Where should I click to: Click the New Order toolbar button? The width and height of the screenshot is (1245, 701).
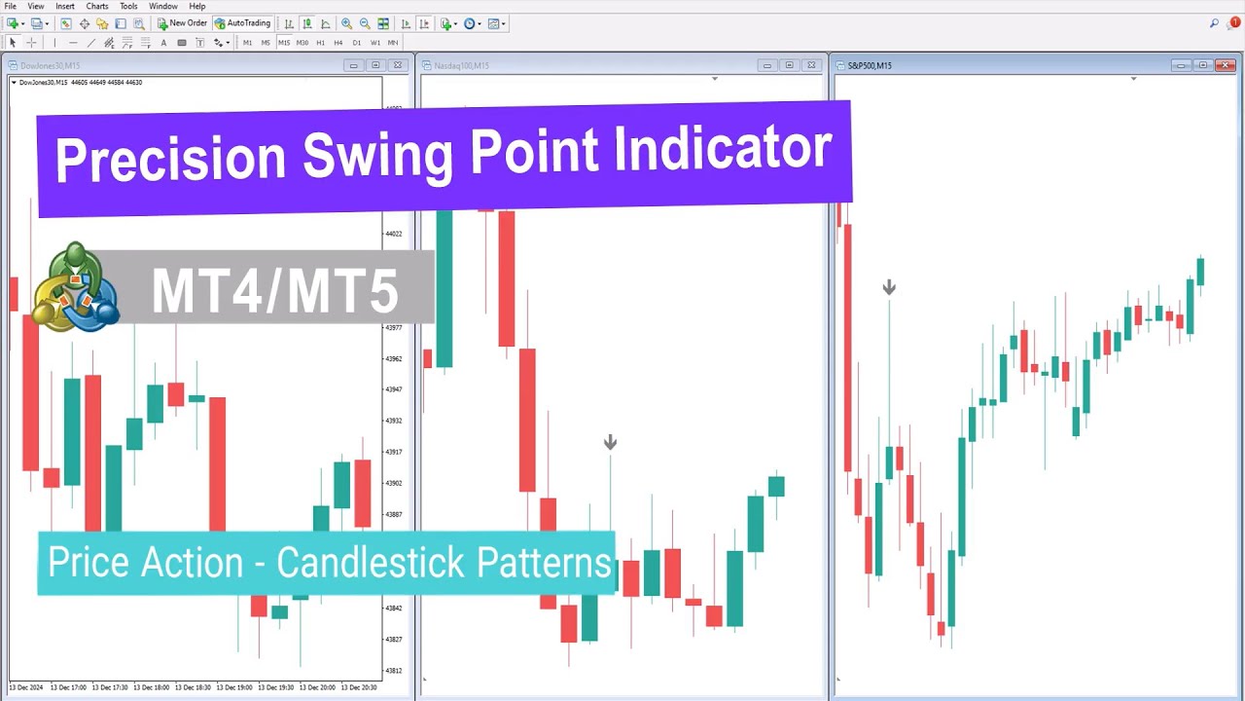(183, 23)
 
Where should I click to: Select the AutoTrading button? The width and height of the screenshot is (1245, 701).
(242, 23)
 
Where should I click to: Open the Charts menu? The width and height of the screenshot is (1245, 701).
(97, 6)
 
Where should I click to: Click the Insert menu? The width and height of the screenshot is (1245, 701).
(65, 6)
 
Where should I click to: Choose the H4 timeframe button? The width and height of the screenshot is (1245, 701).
(338, 43)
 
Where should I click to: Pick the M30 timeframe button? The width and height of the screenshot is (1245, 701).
(302, 43)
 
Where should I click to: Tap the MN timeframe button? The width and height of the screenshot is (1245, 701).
(393, 43)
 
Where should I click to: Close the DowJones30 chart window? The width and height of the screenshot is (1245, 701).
(397, 65)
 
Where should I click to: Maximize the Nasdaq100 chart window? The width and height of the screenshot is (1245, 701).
(789, 65)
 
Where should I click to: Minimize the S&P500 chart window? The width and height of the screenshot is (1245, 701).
(1181, 65)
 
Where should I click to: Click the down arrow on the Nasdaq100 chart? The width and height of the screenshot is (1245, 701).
(610, 443)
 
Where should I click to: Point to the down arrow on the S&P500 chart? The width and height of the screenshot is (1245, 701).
(889, 287)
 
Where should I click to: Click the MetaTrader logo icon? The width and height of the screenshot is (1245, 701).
(75, 287)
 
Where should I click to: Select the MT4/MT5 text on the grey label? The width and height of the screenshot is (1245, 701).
(275, 290)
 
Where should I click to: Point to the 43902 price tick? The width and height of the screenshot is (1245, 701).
(393, 483)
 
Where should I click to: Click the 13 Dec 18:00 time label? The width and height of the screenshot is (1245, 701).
(152, 687)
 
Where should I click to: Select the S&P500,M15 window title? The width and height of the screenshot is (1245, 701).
(870, 65)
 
